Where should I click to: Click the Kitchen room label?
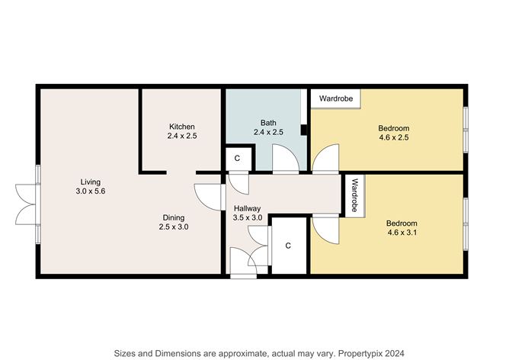tap(182, 127)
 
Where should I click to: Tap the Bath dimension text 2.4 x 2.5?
tap(268, 132)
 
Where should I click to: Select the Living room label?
tap(90, 182)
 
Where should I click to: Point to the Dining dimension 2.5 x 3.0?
tap(174, 227)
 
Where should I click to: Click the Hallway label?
tap(248, 208)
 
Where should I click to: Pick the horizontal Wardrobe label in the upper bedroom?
tap(336, 98)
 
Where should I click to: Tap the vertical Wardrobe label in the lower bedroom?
tap(354, 195)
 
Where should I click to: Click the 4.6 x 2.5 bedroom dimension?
tap(394, 137)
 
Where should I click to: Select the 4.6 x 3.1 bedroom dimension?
tap(402, 233)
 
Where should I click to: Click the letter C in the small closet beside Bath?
tap(237, 158)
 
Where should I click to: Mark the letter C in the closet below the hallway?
tap(288, 246)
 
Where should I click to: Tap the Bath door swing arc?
tap(286, 158)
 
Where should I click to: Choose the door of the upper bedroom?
tap(325, 158)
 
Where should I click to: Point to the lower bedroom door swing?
tap(325, 230)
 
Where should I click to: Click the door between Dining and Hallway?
tap(210, 197)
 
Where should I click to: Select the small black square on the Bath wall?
tap(303, 130)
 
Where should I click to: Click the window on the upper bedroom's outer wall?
tap(466, 130)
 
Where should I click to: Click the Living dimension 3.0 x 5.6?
tap(91, 191)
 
